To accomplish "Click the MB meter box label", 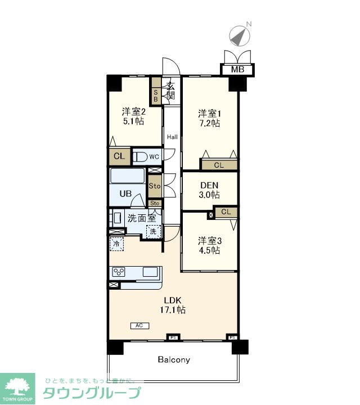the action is pos(237,70).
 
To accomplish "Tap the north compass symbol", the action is pos(240,36).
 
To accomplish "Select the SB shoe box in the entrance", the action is pos(156,96).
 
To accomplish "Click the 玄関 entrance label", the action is pos(170,91).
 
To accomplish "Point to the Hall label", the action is pos(172,137).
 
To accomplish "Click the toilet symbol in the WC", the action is pos(139,157).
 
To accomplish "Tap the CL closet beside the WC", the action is pos(119,156).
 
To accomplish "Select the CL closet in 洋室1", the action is pos(219,165).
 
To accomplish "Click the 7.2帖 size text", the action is pos(209,123).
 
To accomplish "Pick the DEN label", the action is pos(209,185).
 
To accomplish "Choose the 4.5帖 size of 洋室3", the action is pos(209,250).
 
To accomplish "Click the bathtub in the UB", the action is pos(127,175).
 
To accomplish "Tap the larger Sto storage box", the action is pos(155,186).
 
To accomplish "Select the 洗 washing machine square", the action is pos(153,231).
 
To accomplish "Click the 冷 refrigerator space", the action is pos(116,244).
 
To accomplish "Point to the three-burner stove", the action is pos(119,272).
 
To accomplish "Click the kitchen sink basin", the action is pos(150,272).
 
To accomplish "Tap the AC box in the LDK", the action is pos(139,326).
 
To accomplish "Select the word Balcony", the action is pos(174,359).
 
